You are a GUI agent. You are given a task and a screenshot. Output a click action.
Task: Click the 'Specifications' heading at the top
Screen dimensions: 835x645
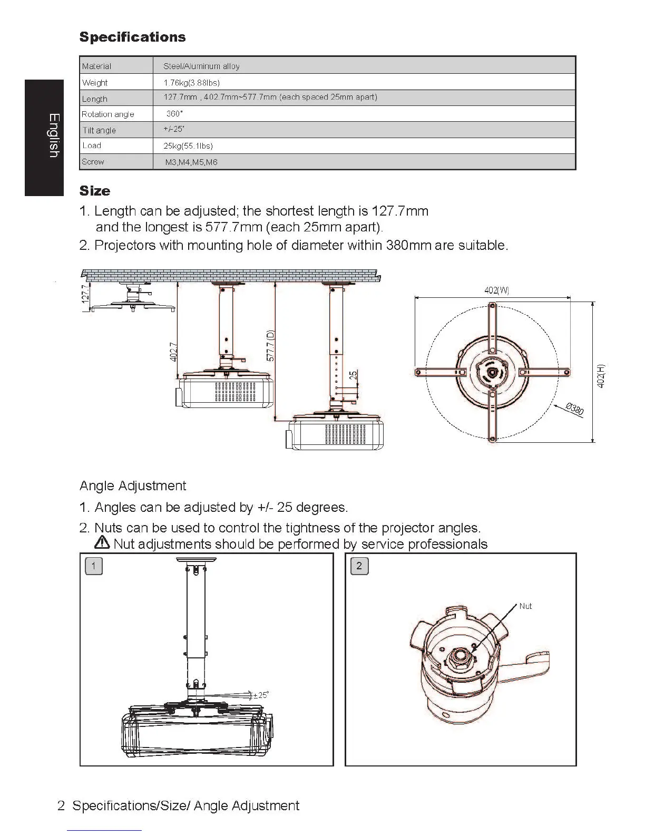tap(132, 37)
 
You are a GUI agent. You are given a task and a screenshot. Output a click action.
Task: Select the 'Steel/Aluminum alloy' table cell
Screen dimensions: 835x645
tap(201, 66)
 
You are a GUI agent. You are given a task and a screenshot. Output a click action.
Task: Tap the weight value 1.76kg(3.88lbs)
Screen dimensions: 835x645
tap(191, 83)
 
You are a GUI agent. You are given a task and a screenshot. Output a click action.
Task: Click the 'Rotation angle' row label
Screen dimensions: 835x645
tap(107, 114)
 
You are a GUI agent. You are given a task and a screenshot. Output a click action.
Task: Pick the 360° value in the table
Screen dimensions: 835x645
tap(174, 114)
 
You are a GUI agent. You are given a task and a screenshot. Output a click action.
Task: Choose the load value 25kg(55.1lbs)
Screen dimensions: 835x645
tap(188, 146)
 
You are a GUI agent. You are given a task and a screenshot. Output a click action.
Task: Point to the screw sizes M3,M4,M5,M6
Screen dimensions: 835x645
tap(191, 162)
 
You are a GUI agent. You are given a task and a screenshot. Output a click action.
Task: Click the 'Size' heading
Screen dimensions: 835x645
tap(95, 191)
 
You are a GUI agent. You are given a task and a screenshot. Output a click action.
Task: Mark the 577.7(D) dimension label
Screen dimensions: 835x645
tap(270, 346)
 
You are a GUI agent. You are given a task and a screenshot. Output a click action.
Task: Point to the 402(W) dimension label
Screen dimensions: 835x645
tap(496, 290)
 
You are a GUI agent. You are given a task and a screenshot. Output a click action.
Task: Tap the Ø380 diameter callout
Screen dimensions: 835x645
tap(574, 409)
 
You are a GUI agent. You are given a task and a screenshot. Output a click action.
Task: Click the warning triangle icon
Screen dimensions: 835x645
tap(102, 542)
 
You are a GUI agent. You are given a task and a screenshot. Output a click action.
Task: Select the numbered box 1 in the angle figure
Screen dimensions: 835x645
tap(94, 566)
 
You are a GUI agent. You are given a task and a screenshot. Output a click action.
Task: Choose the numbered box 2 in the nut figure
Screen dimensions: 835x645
tap(359, 566)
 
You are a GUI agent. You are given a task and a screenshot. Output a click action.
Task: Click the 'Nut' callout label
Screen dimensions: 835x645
tap(525, 606)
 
